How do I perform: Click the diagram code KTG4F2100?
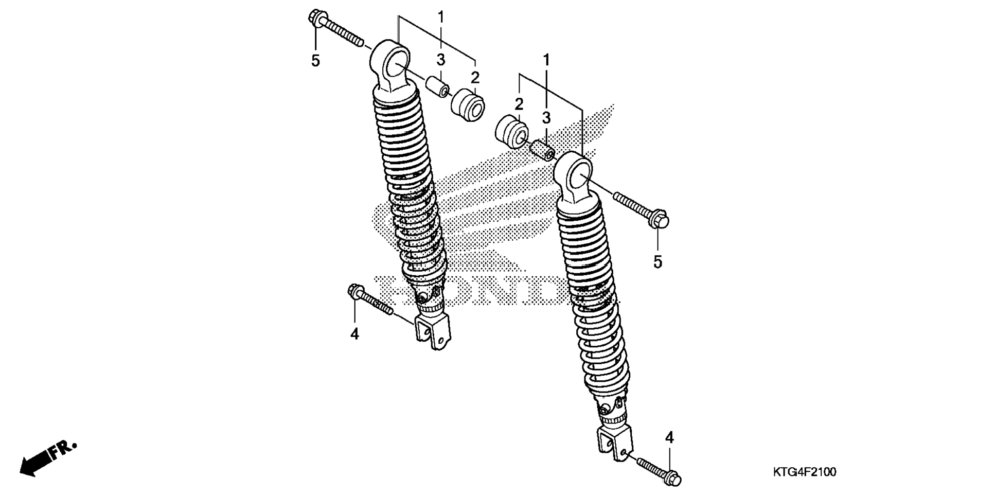click(x=804, y=471)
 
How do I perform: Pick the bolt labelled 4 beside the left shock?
click(x=370, y=300)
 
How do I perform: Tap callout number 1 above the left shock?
click(x=441, y=16)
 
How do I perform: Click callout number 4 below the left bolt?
click(x=354, y=334)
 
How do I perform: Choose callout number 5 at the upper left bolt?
click(x=315, y=61)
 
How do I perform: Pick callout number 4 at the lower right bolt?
click(x=669, y=437)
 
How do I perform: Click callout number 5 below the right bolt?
click(x=658, y=262)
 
